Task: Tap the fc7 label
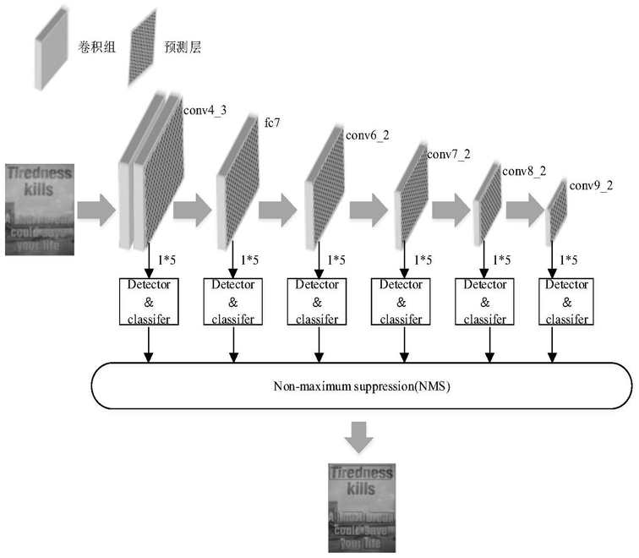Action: click(272, 123)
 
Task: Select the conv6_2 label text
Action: click(367, 136)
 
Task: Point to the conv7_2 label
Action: click(448, 155)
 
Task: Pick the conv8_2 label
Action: click(524, 172)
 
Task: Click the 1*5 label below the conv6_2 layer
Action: click(336, 260)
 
